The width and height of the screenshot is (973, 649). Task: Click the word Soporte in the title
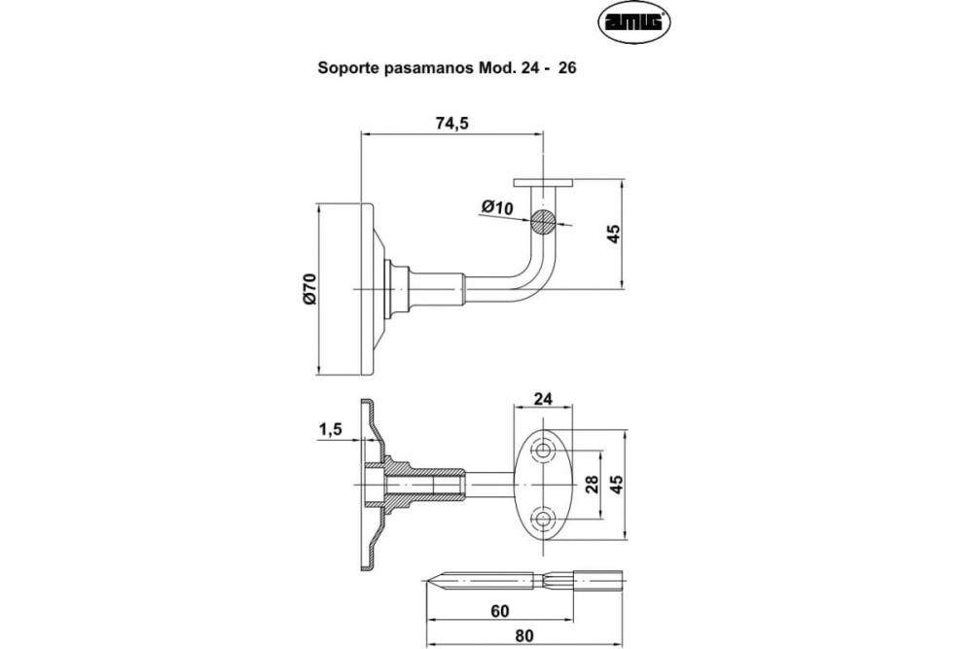click(x=346, y=70)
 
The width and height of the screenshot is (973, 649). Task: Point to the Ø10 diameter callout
click(x=496, y=206)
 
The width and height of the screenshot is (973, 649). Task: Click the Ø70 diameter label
click(x=309, y=289)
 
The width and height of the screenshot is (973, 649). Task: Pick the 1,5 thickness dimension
click(x=330, y=430)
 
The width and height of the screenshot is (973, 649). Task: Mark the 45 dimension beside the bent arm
click(x=613, y=234)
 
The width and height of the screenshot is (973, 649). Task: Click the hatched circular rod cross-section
click(x=544, y=222)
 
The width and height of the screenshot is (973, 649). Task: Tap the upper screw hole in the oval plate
click(x=544, y=451)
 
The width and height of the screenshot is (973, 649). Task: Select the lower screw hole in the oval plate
click(x=544, y=518)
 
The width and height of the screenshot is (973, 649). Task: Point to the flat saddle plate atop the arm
click(x=544, y=182)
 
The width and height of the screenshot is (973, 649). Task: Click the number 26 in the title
click(x=567, y=70)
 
